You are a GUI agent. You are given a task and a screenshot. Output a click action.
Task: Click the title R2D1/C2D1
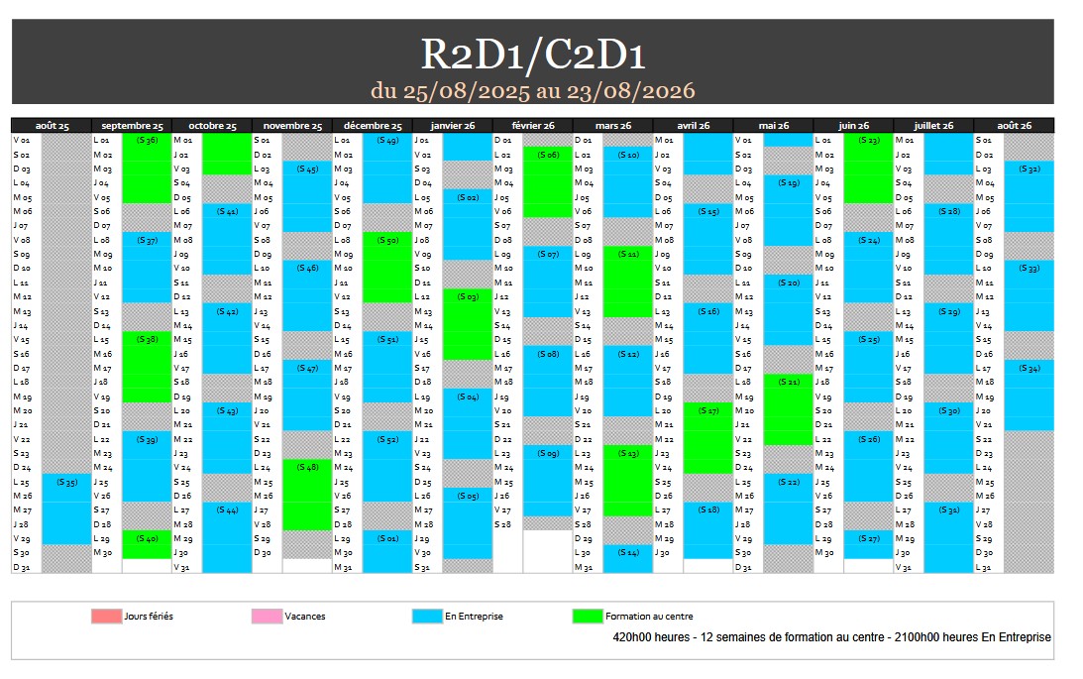pyautogui.click(x=533, y=56)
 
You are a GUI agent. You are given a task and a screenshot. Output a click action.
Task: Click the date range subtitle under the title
pyautogui.click(x=533, y=91)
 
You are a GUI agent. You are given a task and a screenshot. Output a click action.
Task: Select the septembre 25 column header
pyautogui.click(x=132, y=126)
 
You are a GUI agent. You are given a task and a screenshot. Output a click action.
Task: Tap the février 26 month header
pyautogui.click(x=533, y=126)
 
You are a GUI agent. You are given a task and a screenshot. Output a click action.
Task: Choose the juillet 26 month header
pyautogui.click(x=933, y=126)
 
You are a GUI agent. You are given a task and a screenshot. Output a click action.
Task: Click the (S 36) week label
pyautogui.click(x=147, y=140)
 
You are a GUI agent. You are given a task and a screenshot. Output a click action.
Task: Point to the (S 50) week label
pyautogui.click(x=387, y=240)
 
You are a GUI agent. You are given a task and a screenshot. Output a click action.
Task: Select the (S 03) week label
pyautogui.click(x=468, y=296)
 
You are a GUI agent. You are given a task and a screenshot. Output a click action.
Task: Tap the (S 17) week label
pyautogui.click(x=708, y=410)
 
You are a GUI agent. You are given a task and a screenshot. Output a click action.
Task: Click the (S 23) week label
pyautogui.click(x=869, y=140)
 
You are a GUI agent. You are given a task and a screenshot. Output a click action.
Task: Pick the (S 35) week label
pyautogui.click(x=66, y=482)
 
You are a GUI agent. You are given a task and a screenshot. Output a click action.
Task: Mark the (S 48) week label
pyautogui.click(x=307, y=467)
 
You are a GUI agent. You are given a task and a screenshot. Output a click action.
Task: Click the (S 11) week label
pyautogui.click(x=628, y=254)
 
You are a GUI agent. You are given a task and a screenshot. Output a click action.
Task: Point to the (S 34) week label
pyautogui.click(x=1029, y=368)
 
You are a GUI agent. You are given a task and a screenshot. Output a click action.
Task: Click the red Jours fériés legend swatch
pyautogui.click(x=105, y=616)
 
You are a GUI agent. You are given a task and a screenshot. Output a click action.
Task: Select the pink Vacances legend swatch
pyautogui.click(x=266, y=616)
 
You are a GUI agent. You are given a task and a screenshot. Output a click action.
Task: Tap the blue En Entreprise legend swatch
pyautogui.click(x=427, y=616)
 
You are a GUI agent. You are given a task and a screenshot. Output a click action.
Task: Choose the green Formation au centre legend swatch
pyautogui.click(x=588, y=616)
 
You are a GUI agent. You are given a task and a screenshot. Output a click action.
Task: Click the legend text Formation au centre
pyautogui.click(x=649, y=617)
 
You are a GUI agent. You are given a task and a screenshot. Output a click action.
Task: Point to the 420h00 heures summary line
pyautogui.click(x=832, y=637)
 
